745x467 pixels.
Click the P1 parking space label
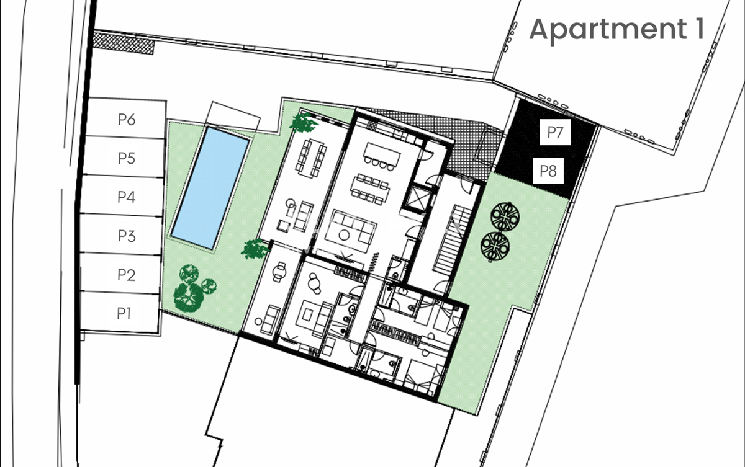(x=124, y=313)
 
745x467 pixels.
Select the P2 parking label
(x=127, y=275)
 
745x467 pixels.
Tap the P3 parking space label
(x=127, y=236)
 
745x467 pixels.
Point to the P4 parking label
(x=127, y=197)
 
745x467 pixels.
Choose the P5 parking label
(x=127, y=158)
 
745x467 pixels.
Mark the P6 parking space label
(x=127, y=120)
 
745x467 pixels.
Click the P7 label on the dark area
(x=555, y=132)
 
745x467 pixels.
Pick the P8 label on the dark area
(x=548, y=171)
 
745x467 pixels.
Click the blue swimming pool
(x=210, y=188)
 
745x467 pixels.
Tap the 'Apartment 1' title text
(x=616, y=29)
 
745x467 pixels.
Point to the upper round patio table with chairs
(x=505, y=216)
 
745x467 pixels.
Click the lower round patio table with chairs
(x=495, y=246)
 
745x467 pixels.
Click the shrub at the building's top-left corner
(x=304, y=123)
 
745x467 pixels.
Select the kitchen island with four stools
(x=381, y=156)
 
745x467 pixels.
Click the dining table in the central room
(x=370, y=189)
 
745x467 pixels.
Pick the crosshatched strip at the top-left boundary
(x=124, y=43)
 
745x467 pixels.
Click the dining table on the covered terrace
(x=312, y=158)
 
